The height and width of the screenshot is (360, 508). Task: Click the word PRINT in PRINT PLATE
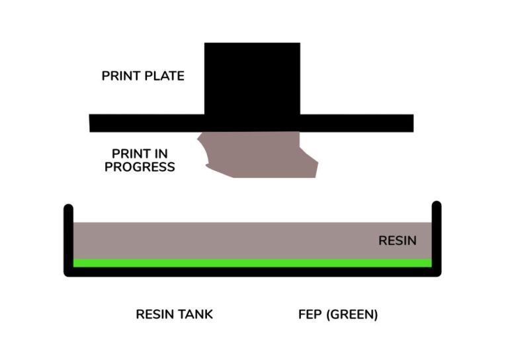pos(121,76)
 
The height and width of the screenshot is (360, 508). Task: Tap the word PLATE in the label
pos(164,76)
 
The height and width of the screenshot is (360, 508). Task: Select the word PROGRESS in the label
pos(140,167)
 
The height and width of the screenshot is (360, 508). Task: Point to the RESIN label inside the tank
pos(397,241)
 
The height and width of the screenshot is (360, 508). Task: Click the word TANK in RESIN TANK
pos(195,314)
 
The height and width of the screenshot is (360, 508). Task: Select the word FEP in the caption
pos(312,314)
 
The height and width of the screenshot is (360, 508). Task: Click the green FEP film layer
pos(251,263)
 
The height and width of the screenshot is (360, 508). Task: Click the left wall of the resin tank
pos(68,238)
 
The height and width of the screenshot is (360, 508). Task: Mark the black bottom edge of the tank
pos(251,272)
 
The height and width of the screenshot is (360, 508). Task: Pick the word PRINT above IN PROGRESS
pos(122,154)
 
